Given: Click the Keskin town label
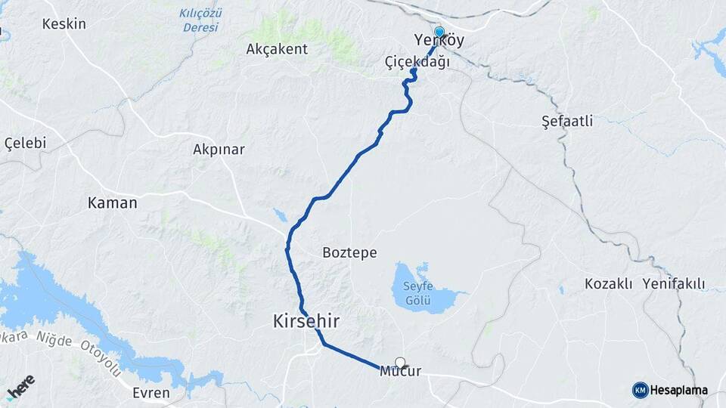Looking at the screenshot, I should click(64, 23).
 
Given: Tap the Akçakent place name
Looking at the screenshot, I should click(277, 49).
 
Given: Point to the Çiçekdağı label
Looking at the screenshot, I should click(417, 62).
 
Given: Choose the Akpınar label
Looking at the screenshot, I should click(219, 150).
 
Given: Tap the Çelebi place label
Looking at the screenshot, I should click(26, 143).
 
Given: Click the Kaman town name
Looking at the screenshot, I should click(113, 202).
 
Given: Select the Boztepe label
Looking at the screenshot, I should click(349, 252).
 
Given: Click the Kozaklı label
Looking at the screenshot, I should click(608, 284).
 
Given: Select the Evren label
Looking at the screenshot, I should click(150, 393).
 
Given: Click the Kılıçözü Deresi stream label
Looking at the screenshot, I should click(199, 20).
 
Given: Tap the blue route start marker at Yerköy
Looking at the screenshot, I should click(439, 32).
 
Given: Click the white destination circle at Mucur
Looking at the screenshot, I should click(400, 363).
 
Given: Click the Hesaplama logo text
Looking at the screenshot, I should click(678, 390).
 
